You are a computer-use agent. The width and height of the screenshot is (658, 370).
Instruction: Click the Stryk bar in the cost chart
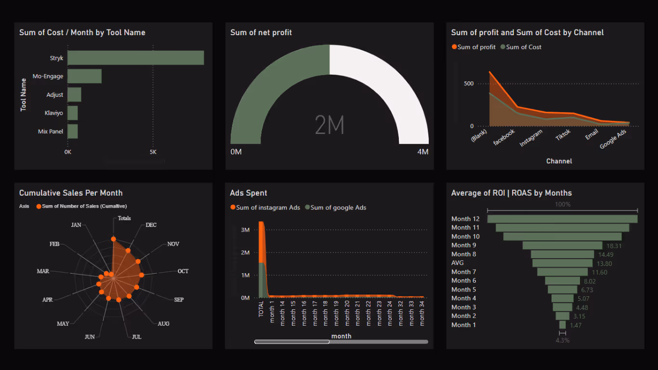tap(135, 58)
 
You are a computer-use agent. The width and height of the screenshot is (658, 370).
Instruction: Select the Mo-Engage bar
tap(84, 76)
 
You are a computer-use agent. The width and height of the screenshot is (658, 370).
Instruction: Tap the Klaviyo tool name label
tap(54, 113)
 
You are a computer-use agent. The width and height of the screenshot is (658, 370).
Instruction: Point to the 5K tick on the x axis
tap(153, 152)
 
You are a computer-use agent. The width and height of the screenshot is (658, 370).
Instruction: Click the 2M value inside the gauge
tap(329, 125)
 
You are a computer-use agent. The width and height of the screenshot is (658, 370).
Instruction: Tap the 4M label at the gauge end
tap(422, 152)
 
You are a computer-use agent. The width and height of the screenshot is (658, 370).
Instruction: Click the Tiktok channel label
tap(563, 134)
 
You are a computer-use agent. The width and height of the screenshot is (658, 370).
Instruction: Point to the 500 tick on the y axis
tap(469, 83)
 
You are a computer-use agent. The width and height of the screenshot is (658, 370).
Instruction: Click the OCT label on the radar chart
tap(183, 271)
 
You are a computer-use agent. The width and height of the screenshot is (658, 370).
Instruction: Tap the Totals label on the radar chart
tap(124, 218)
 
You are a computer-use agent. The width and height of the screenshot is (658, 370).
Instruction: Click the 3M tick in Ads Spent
tap(245, 230)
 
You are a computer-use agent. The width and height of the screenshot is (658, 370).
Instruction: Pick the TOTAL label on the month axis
tap(261, 308)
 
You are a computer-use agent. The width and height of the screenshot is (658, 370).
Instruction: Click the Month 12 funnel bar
tap(562, 219)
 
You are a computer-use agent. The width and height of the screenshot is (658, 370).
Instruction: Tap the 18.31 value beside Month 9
tap(614, 246)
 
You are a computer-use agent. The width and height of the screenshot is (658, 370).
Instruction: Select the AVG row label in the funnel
tap(458, 263)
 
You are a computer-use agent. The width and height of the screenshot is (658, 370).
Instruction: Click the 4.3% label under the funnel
tap(562, 340)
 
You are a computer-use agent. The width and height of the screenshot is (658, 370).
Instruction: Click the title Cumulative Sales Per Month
tap(71, 193)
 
